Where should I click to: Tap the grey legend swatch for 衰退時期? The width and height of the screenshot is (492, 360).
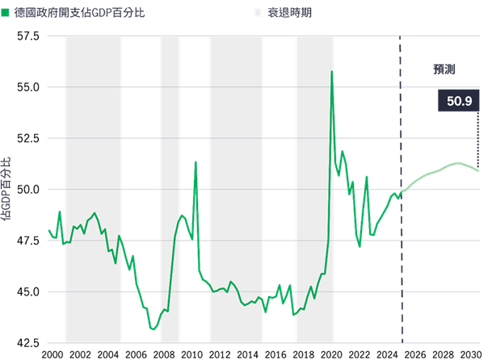point(259,15)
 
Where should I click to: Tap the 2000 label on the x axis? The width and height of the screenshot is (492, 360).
point(51,354)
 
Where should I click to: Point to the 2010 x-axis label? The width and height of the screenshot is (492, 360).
point(191,354)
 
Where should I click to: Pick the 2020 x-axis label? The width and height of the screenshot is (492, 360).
point(331,354)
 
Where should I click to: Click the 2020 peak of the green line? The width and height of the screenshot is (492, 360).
point(331,72)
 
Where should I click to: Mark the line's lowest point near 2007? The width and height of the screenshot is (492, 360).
point(153,329)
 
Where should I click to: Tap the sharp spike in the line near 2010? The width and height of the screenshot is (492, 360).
point(196,162)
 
